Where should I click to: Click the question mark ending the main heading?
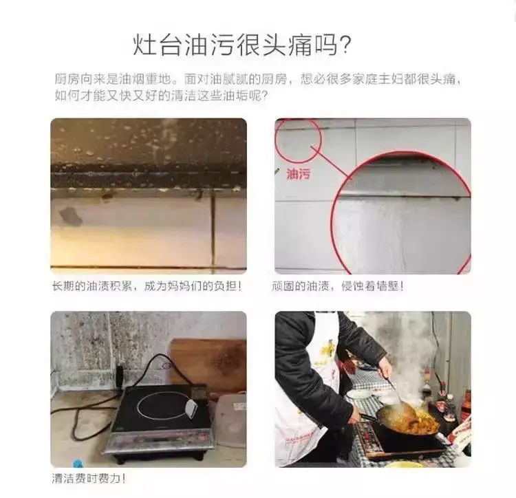[345, 45]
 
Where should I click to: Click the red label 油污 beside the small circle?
[298, 174]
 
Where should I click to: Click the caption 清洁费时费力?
[89, 478]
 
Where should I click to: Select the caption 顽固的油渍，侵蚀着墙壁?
[337, 286]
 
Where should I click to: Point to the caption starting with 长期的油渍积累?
[147, 286]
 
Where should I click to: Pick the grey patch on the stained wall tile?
[70, 217]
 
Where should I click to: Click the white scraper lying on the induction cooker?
[191, 407]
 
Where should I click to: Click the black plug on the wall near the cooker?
[119, 375]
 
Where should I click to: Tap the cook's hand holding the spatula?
[385, 368]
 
